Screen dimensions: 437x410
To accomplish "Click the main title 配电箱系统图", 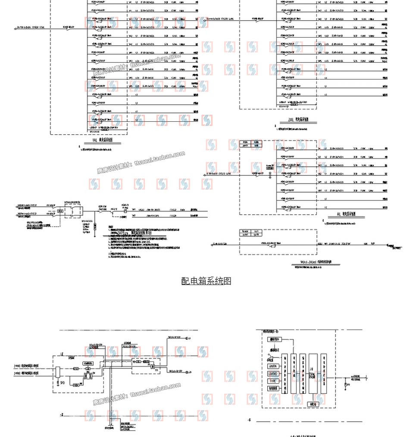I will tap(207, 282).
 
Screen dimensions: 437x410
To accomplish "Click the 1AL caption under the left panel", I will tap(103, 141).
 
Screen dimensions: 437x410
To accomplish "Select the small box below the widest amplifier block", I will tap(313, 403).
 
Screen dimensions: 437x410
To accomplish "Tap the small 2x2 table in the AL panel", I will tap(250, 144).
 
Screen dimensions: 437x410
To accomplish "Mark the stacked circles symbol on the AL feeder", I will tap(270, 174).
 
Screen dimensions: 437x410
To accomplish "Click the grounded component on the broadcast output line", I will tap(347, 383).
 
